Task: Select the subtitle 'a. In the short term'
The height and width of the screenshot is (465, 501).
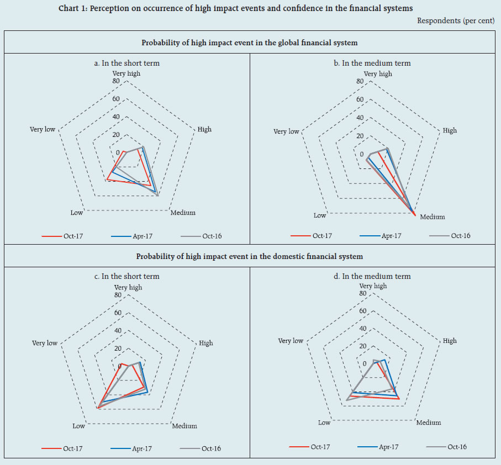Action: click(127, 63)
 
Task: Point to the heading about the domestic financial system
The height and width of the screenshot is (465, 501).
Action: click(250, 256)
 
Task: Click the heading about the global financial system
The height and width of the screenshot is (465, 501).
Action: click(250, 43)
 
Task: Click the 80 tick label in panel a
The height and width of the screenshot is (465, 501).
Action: click(116, 81)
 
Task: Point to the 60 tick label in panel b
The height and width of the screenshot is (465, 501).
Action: click(360, 99)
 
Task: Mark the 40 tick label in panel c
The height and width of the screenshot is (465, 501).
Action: click(117, 331)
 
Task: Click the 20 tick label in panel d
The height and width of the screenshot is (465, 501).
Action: click(363, 346)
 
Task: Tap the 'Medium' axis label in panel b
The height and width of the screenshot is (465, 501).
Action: click(432, 217)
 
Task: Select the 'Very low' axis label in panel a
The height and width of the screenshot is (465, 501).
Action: click(43, 129)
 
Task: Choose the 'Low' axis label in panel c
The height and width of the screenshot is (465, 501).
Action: click(78, 426)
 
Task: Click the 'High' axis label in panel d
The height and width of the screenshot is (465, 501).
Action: click(450, 341)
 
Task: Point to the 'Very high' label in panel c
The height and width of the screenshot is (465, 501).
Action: click(128, 287)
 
